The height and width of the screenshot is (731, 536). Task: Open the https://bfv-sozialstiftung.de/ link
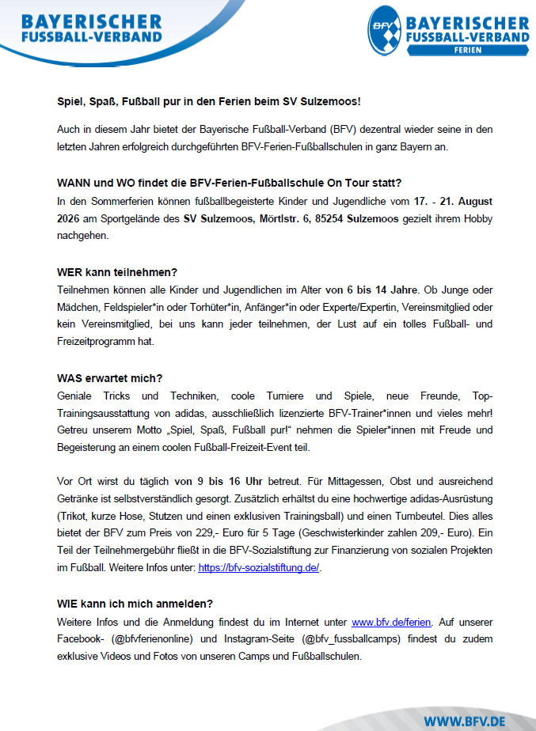[259, 567]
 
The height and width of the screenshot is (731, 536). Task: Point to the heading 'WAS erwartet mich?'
[111, 377]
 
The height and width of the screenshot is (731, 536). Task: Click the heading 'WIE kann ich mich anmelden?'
[135, 604]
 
